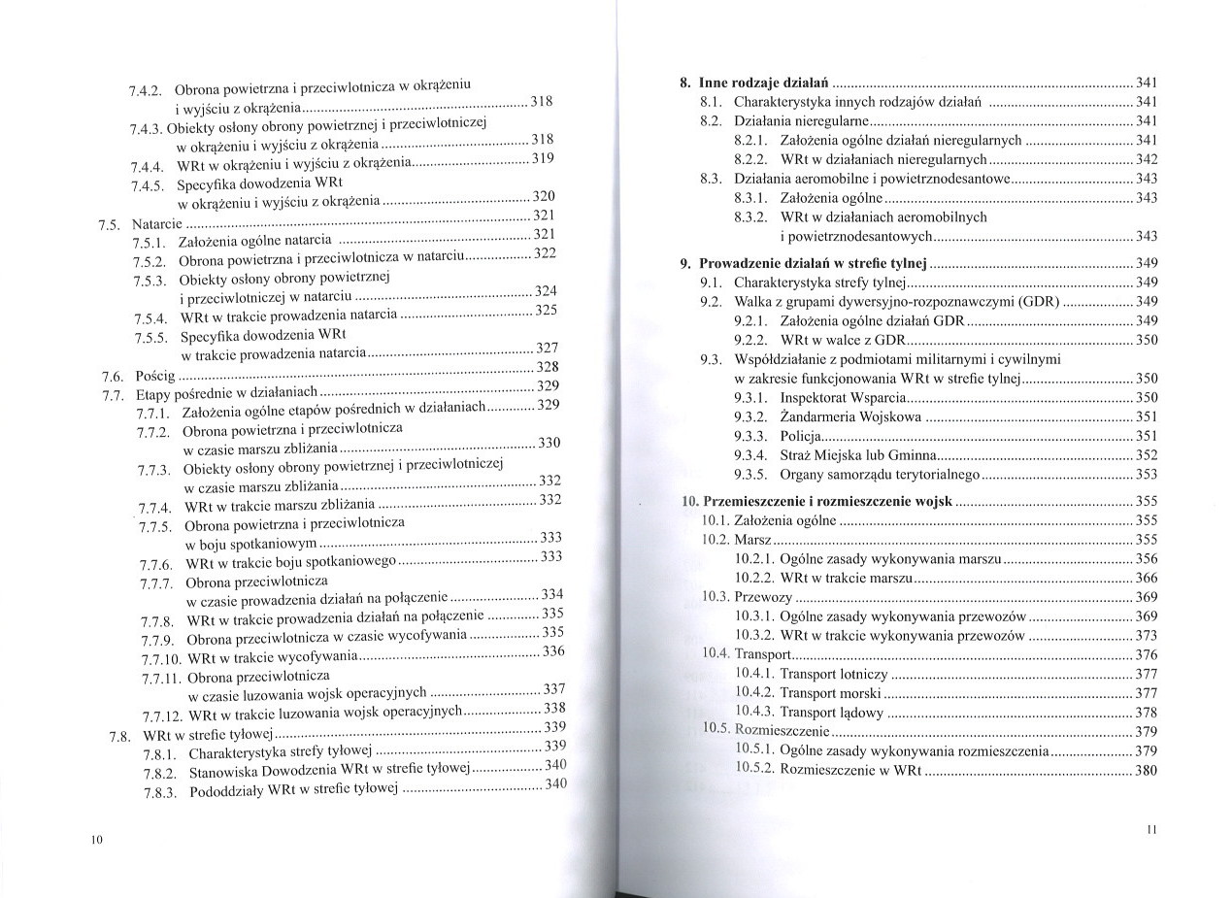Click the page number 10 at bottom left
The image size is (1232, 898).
(x=96, y=840)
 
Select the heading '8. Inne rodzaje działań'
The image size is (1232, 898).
(x=755, y=83)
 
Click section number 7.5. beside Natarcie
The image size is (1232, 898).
(x=110, y=225)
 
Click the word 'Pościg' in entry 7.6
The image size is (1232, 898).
(x=155, y=375)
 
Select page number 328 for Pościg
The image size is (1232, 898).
(x=548, y=367)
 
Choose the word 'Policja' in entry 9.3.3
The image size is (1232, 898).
(x=802, y=436)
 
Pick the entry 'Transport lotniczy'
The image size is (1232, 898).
(x=833, y=674)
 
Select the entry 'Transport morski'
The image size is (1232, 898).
(x=830, y=693)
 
